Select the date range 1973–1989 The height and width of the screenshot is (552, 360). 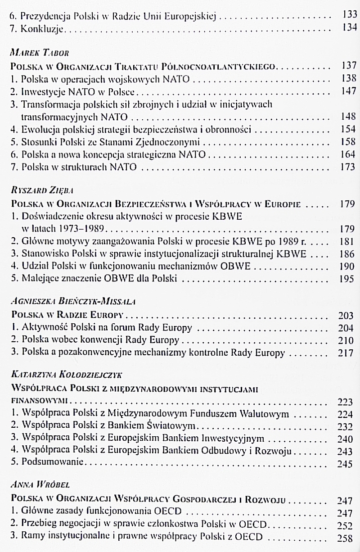click(85, 228)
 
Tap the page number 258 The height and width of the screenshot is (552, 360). click(346, 537)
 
